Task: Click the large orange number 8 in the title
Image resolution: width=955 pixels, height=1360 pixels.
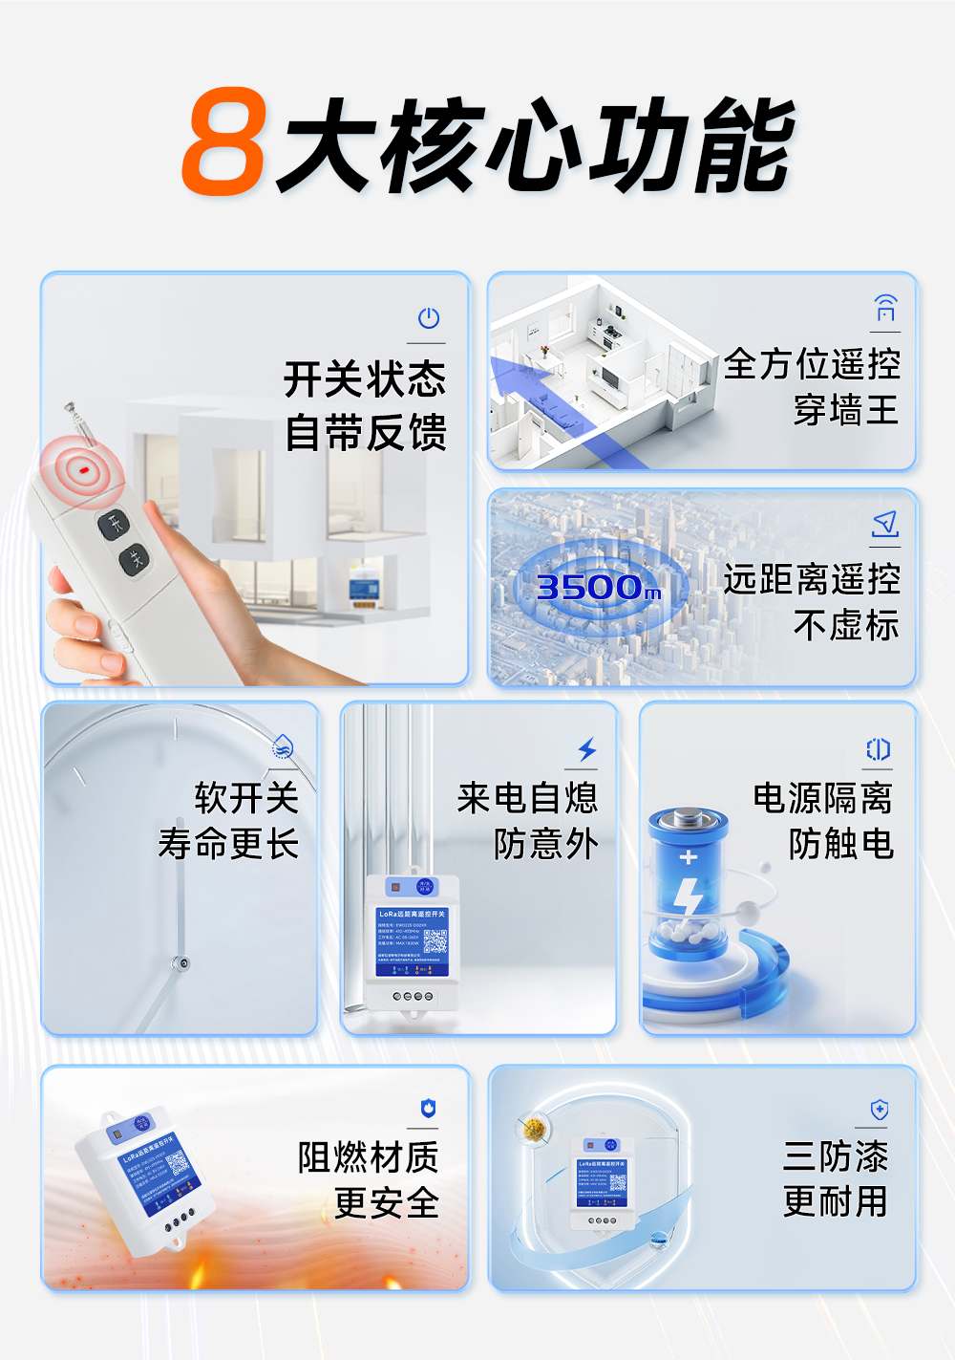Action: [223, 142]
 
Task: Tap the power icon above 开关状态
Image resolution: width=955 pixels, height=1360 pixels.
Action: [428, 318]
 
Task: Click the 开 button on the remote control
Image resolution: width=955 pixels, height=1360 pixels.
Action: [114, 523]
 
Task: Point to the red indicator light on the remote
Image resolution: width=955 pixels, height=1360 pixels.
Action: [84, 470]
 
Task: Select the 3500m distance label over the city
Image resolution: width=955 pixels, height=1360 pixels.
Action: [598, 587]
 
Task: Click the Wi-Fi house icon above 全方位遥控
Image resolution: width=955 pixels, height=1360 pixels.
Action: [885, 309]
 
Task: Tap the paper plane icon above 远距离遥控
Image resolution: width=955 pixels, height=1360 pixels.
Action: [885, 524]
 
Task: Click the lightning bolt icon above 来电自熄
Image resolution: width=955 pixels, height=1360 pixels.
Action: [586, 749]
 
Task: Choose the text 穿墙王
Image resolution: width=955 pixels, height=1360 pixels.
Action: [845, 410]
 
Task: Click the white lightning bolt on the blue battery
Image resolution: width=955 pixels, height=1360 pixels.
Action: [688, 896]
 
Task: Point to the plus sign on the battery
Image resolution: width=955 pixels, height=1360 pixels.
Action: [688, 857]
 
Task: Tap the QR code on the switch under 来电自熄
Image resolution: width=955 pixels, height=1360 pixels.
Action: [435, 940]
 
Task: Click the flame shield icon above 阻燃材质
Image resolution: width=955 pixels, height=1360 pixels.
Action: [428, 1109]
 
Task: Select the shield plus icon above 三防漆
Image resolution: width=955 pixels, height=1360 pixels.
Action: [880, 1110]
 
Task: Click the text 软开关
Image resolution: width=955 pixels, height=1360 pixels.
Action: [246, 797]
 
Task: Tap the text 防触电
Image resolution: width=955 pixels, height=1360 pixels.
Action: [840, 844]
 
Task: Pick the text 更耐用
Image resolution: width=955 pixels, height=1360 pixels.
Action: [835, 1201]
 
